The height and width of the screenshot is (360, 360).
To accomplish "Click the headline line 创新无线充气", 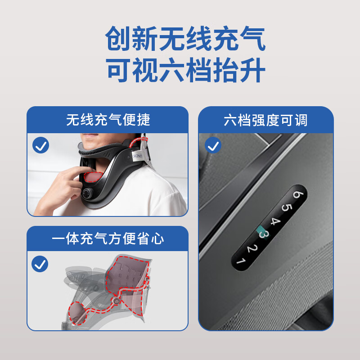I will tap(185, 39).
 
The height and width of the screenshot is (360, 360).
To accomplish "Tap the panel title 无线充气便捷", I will tap(108, 120).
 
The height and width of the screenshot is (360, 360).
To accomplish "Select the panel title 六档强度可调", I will tap(265, 120).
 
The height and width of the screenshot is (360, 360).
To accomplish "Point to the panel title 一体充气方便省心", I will tap(108, 239).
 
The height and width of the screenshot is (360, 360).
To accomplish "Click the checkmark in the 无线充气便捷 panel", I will tap(41, 145).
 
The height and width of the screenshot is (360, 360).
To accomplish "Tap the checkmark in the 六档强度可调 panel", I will tap(213, 145).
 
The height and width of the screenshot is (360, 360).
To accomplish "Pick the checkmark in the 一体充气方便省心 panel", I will tap(40, 264).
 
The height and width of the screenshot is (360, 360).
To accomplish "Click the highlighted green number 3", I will tap(264, 234).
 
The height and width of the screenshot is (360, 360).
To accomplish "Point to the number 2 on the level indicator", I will tap(252, 248).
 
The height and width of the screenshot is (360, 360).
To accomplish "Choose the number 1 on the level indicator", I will tap(241, 261).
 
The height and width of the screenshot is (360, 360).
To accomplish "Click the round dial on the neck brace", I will tap(87, 193).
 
